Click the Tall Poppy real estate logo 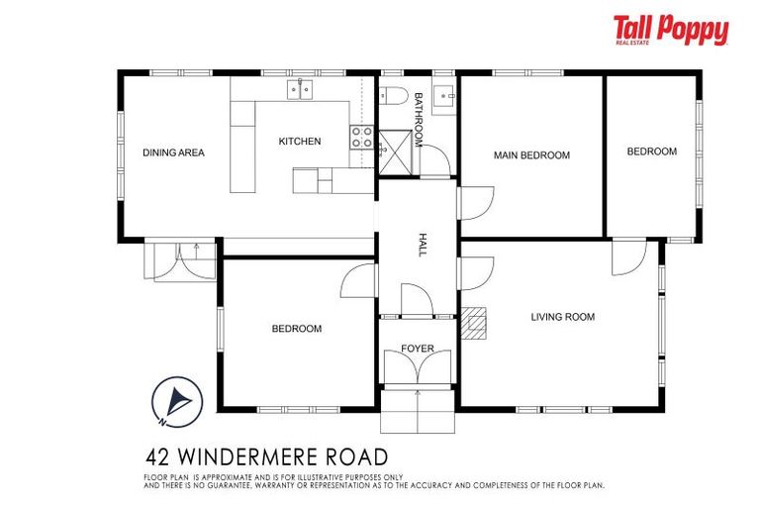click(x=670, y=31)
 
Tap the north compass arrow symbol click(x=178, y=400)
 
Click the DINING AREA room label click(x=173, y=152)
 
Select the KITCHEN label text click(x=299, y=142)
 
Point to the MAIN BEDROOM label click(x=531, y=155)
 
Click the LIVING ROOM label click(x=562, y=317)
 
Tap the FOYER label click(x=417, y=349)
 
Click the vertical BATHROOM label click(x=419, y=120)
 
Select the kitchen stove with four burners click(x=361, y=138)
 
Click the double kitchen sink click(x=300, y=91)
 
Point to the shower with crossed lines click(x=398, y=152)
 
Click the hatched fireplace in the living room click(x=475, y=322)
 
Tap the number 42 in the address click(x=156, y=457)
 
